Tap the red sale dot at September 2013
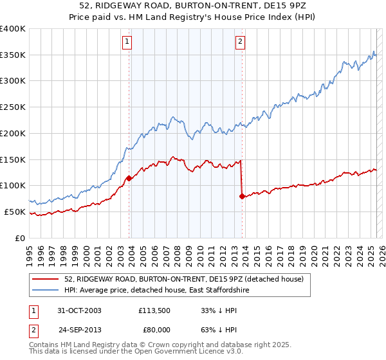242,196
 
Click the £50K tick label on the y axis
15,212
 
